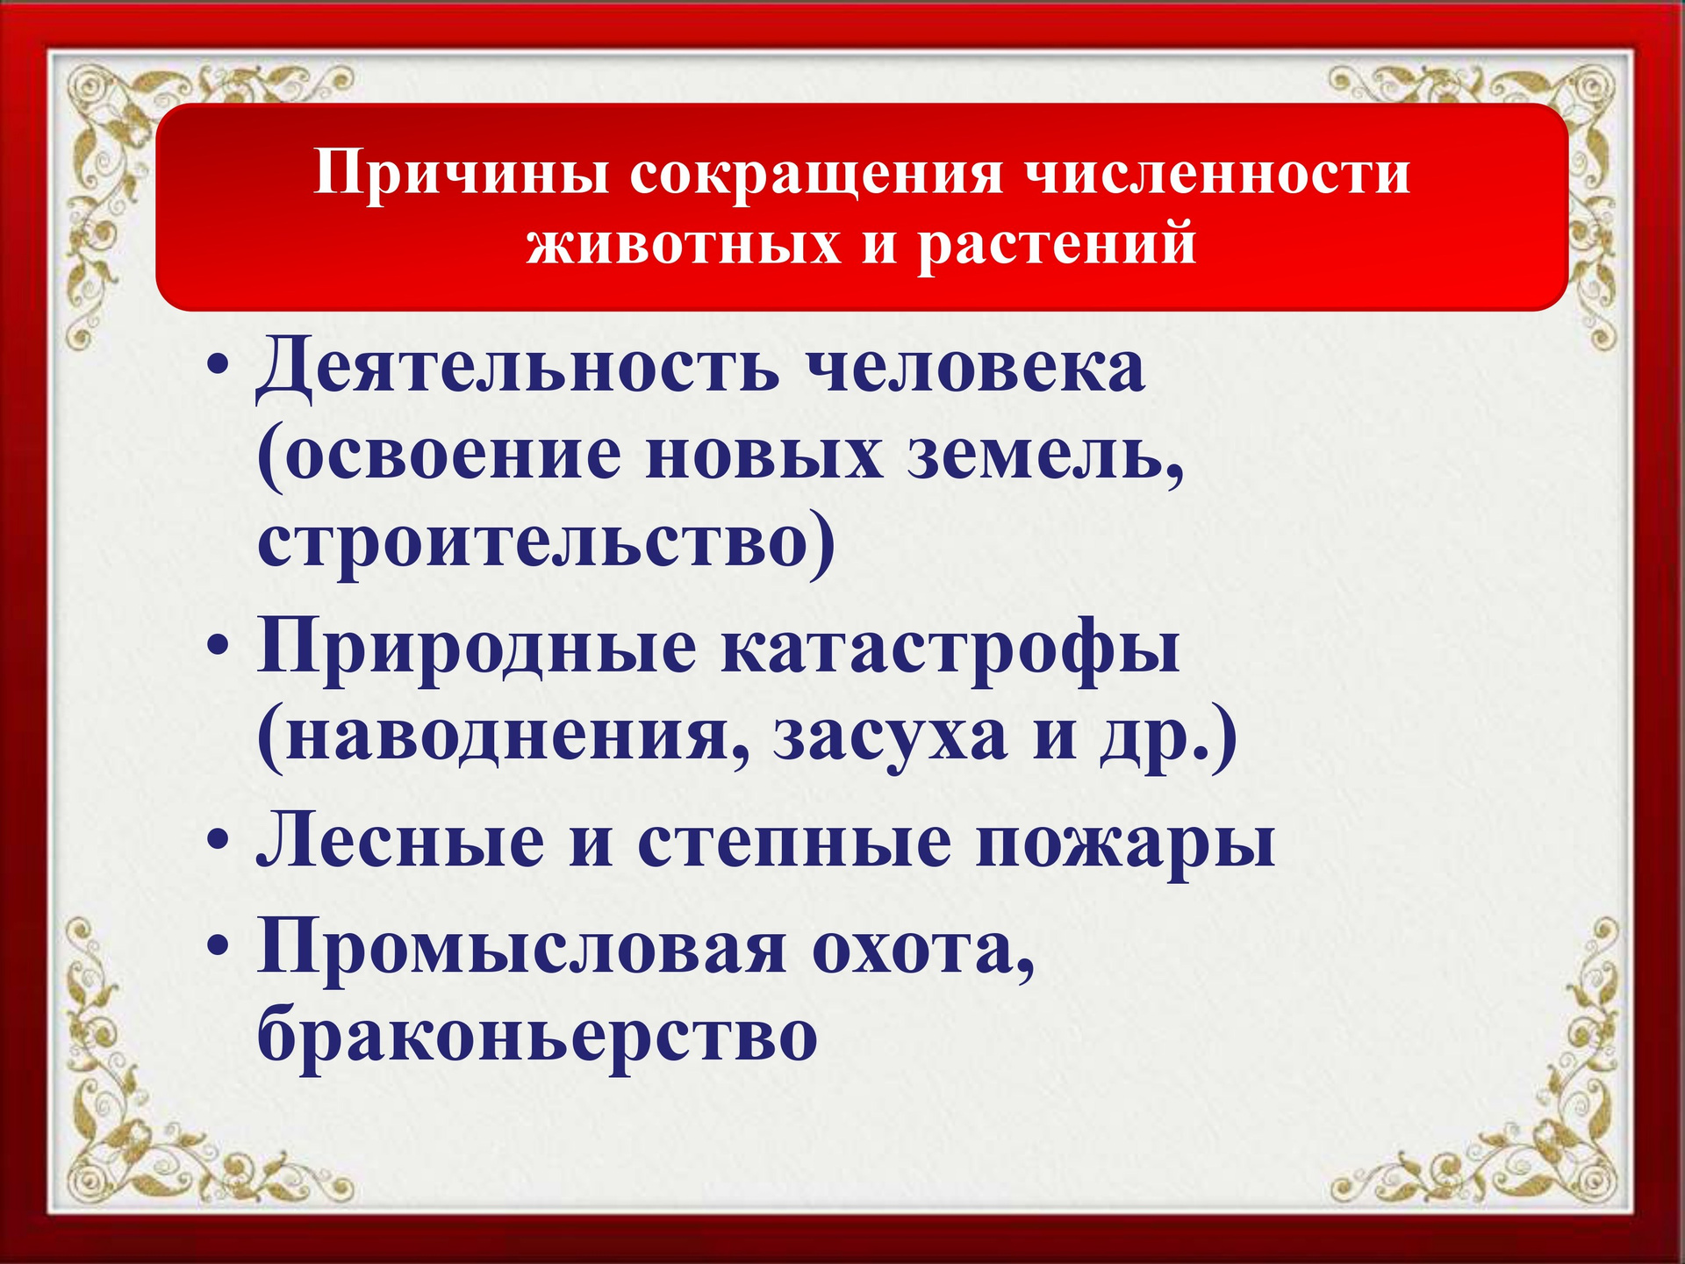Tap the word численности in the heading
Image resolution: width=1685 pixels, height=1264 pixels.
coord(1216,172)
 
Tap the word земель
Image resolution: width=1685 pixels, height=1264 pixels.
coord(1045,457)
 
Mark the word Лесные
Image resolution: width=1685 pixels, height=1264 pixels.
coord(400,841)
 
